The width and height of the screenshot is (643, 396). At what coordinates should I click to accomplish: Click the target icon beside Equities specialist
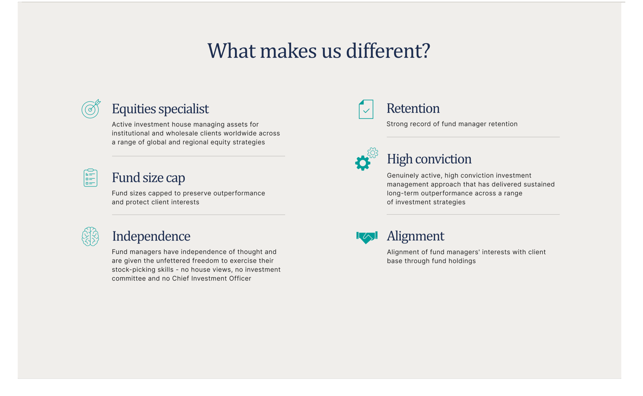[91, 109]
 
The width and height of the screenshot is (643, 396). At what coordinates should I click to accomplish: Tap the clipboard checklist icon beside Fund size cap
[90, 177]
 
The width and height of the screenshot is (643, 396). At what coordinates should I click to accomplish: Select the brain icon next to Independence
[90, 237]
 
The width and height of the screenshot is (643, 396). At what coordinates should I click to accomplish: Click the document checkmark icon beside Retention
[366, 109]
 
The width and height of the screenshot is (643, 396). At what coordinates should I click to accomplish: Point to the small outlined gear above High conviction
[373, 153]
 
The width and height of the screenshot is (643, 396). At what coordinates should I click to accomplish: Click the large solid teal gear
[363, 163]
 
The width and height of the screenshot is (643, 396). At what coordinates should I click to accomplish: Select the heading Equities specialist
[160, 109]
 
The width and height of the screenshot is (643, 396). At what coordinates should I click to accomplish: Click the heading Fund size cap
[148, 177]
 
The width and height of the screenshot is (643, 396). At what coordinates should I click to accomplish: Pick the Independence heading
[151, 236]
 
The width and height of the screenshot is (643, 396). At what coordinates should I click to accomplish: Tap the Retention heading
[413, 108]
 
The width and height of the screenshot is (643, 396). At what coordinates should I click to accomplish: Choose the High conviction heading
[429, 159]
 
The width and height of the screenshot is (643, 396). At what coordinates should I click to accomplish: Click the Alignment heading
[415, 236]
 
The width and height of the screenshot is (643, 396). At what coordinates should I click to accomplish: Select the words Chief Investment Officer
[212, 278]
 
